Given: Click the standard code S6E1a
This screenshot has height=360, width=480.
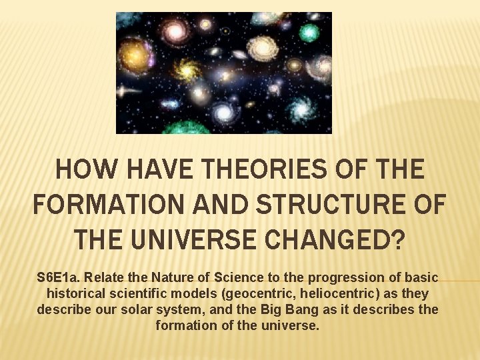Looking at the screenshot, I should [61, 277].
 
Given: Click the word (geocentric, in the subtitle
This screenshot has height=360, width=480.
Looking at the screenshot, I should [257, 293].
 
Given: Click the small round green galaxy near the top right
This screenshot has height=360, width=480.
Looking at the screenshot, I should [309, 33].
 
